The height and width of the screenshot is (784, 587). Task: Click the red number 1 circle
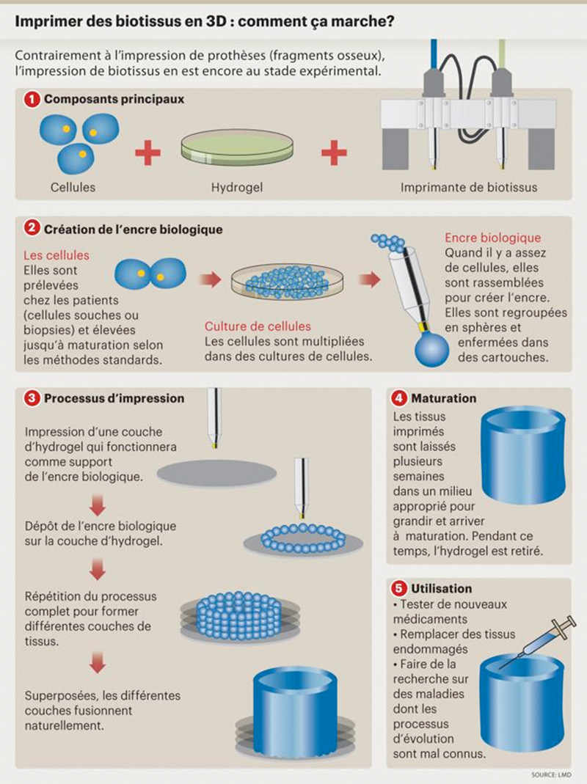point(32,99)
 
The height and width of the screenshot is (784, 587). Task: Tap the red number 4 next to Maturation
point(399,398)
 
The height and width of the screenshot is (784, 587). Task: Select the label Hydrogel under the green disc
point(237,188)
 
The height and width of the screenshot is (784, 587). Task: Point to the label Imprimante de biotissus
point(469,188)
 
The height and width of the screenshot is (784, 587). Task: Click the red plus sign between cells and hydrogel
point(148,153)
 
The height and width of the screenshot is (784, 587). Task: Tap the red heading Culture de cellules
point(258,326)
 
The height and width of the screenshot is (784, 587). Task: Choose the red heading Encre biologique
point(493,238)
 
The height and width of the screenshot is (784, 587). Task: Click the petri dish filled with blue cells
point(288,282)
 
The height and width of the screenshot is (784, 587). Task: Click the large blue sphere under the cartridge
point(432,350)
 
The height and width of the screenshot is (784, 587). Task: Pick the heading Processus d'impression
point(114,398)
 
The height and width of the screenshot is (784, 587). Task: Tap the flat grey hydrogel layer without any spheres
point(216,473)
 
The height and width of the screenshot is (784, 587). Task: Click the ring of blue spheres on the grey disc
point(303,538)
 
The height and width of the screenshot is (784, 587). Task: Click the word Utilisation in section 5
point(442,588)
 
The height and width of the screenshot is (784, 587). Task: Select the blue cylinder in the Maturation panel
point(523,455)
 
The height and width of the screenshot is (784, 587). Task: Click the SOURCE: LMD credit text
point(551,774)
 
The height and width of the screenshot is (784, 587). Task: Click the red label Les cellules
point(56,255)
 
